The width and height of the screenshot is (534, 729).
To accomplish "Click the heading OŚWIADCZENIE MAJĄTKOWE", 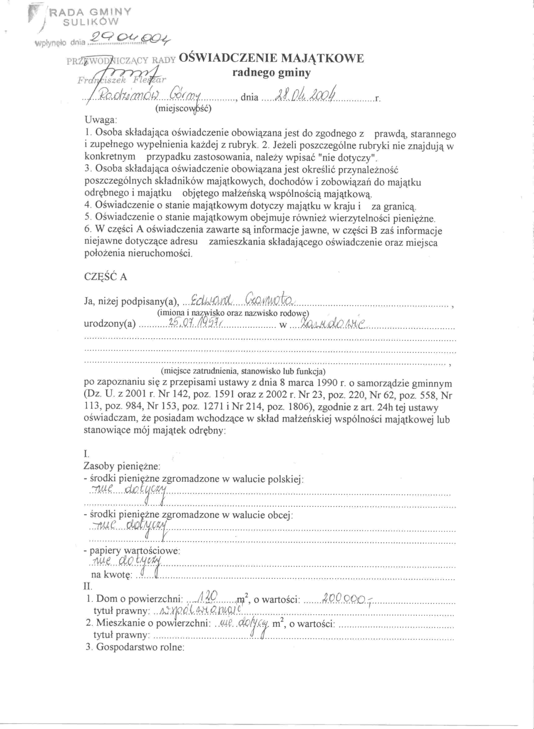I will tap(271, 58).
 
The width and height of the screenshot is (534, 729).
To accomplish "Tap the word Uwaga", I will tap(100, 120).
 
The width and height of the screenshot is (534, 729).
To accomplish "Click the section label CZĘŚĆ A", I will tap(105, 277).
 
